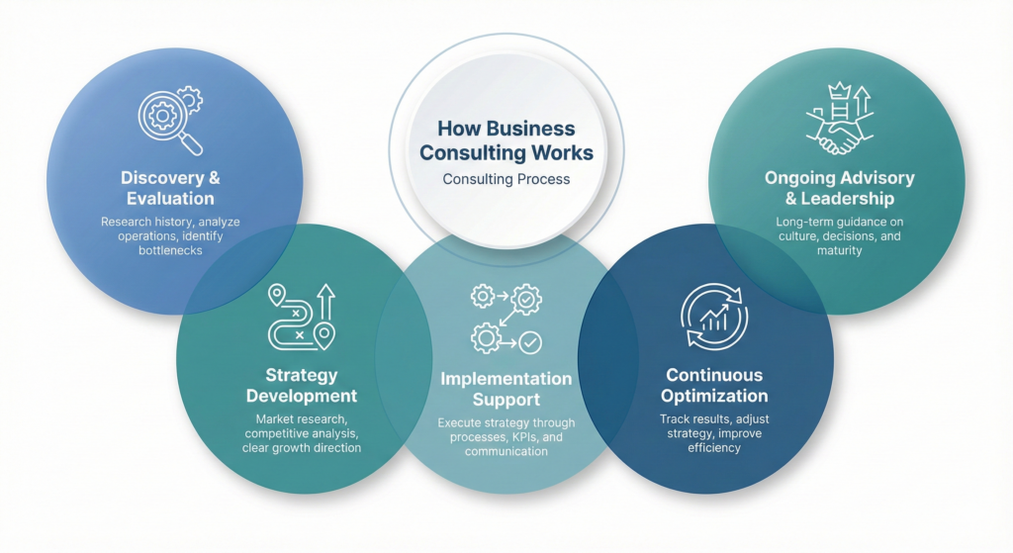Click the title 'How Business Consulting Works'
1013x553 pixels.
(506, 141)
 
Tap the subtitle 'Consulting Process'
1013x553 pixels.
(506, 179)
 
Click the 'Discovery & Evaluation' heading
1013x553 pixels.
(170, 188)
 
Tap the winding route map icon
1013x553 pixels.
(301, 317)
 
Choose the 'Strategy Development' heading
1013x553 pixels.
(301, 386)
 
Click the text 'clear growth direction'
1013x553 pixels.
(301, 447)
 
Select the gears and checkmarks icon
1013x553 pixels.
(506, 319)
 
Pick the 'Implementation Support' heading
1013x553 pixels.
(506, 390)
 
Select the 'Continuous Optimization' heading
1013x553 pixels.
(714, 386)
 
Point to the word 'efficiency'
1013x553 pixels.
(714, 447)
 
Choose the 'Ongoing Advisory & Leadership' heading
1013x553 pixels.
(839, 188)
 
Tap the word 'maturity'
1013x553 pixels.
(839, 250)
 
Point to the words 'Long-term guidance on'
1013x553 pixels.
(839, 222)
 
